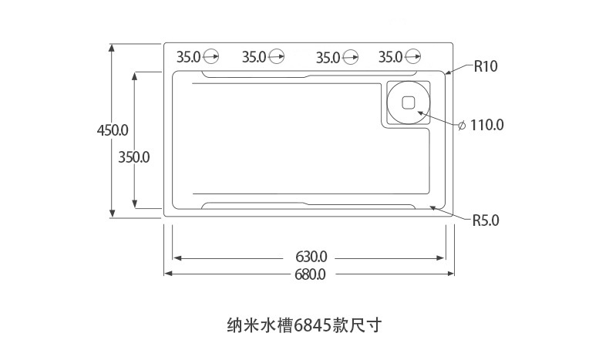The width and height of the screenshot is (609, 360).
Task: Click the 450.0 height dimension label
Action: (112, 130)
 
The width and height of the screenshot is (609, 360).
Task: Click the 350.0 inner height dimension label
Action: (134, 156)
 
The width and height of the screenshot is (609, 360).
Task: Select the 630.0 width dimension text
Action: (311, 256)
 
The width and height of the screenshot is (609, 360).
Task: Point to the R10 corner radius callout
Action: (486, 66)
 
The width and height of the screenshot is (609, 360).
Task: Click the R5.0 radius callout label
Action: (486, 220)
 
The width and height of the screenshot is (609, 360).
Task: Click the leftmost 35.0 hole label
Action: (188, 56)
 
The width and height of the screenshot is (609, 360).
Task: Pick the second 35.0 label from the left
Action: (254, 56)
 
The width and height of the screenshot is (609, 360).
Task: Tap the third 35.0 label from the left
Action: (328, 56)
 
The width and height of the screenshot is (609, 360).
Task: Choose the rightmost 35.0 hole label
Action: (391, 56)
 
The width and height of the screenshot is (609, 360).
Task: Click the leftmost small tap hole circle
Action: (210, 56)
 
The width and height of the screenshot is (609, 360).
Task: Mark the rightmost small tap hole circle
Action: (413, 56)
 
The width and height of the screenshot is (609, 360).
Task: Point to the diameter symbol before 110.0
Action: (461, 125)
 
